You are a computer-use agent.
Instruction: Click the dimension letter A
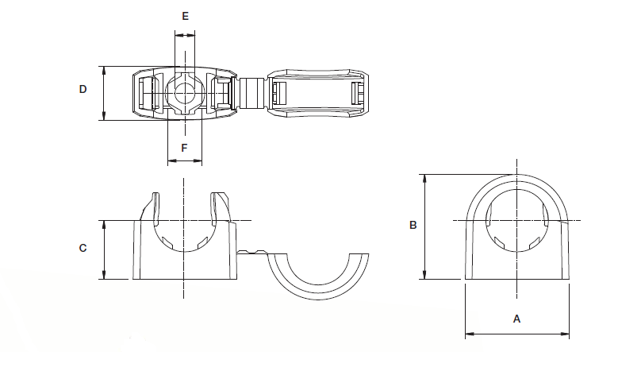[x=516, y=319]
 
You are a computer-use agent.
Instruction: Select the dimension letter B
[x=413, y=226]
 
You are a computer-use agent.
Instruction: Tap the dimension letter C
[x=83, y=249]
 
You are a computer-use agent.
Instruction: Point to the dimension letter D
[x=83, y=91]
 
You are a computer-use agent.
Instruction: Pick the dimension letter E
[x=185, y=16]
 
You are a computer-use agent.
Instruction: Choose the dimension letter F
[x=184, y=148]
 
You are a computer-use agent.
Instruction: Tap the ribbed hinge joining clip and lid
[x=251, y=93]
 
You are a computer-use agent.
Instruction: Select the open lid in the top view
[x=318, y=93]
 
